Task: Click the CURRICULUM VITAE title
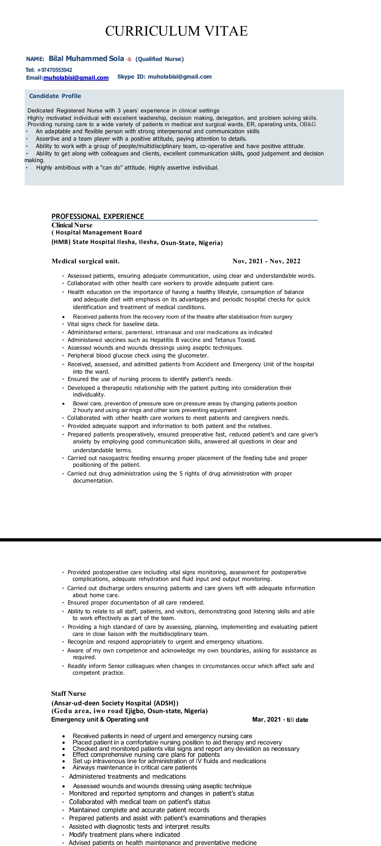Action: pyautogui.click(x=176, y=31)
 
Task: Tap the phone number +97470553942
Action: pyautogui.click(x=54, y=70)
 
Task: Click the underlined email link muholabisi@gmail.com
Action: pyautogui.click(x=76, y=78)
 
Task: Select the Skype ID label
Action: pyautogui.click(x=131, y=76)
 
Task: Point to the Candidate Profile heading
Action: pyautogui.click(x=55, y=96)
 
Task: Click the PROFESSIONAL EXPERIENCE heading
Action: pyautogui.click(x=98, y=216)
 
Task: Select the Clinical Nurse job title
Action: pyautogui.click(x=72, y=225)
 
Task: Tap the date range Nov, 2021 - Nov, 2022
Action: pyautogui.click(x=266, y=261)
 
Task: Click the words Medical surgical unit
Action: pyautogui.click(x=85, y=261)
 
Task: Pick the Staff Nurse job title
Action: pyautogui.click(x=68, y=693)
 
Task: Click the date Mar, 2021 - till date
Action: pyautogui.click(x=280, y=719)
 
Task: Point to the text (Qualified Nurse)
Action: pyautogui.click(x=159, y=59)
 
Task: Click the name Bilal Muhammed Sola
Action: pyautogui.click(x=86, y=59)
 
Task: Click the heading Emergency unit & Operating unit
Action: pyautogui.click(x=100, y=719)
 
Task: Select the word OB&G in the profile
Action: pyautogui.click(x=308, y=124)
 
